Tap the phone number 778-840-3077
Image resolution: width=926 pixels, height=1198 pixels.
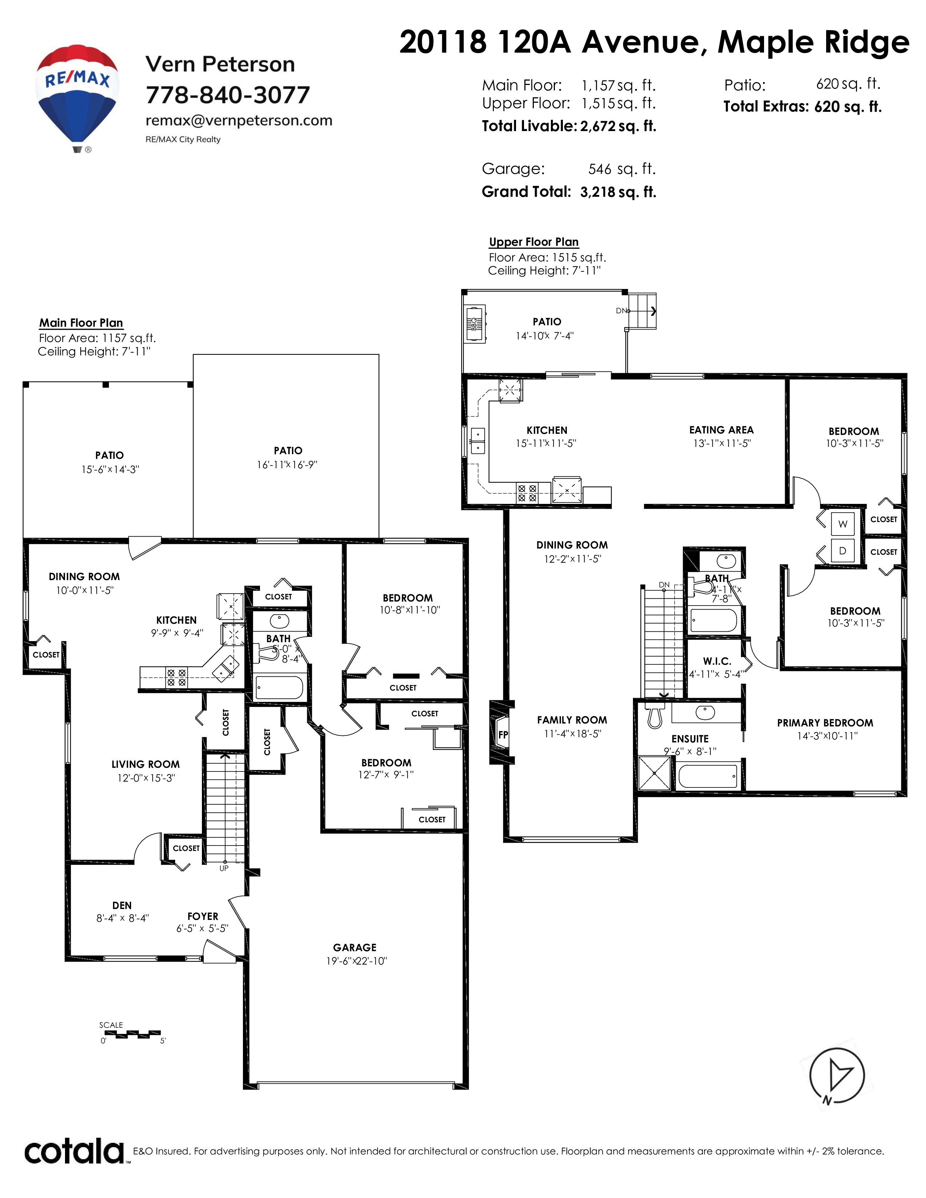(x=228, y=95)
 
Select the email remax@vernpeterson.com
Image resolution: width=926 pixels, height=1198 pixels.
(x=239, y=121)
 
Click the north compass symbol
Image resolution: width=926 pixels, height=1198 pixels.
(x=837, y=1076)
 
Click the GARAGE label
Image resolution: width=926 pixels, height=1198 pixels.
(x=355, y=947)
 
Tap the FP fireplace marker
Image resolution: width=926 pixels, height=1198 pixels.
(x=503, y=734)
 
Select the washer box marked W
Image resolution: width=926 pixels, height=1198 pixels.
(x=842, y=524)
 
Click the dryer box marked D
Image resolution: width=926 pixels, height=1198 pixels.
(x=842, y=551)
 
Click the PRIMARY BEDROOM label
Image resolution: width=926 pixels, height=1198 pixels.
(x=825, y=723)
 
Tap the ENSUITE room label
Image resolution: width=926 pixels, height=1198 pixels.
(x=690, y=739)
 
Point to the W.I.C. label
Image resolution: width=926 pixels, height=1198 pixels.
(x=717, y=661)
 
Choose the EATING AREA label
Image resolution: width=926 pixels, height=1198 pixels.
(x=722, y=430)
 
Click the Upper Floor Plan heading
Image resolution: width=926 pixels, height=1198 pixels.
(x=534, y=242)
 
